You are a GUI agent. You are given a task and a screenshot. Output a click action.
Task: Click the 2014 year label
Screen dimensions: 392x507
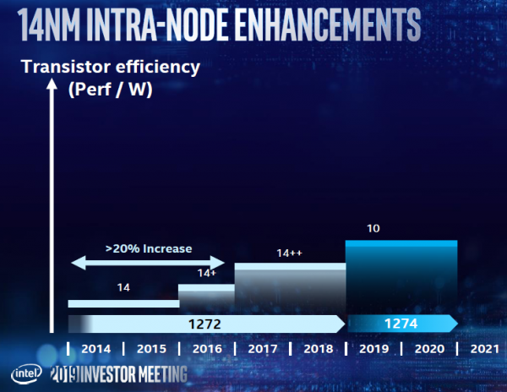tap(95, 348)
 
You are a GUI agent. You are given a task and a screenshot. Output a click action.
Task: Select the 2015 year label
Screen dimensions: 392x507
tap(150, 348)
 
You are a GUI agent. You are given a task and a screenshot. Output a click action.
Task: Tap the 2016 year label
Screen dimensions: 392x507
tap(205, 348)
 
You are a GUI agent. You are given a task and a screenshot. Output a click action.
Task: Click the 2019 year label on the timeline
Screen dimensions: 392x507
tap(373, 348)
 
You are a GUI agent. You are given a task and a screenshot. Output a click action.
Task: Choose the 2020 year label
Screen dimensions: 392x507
tap(428, 348)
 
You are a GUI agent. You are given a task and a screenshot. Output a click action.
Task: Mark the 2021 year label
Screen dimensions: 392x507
tap(482, 348)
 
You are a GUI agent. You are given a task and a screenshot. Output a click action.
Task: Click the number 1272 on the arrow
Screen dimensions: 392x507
tap(204, 323)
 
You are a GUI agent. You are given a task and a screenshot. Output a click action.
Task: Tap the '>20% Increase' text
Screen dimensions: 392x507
tap(149, 248)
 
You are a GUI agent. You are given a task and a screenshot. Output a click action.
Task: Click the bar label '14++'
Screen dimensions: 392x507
tap(290, 253)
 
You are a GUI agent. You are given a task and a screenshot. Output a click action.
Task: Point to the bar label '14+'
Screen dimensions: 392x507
tap(207, 273)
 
